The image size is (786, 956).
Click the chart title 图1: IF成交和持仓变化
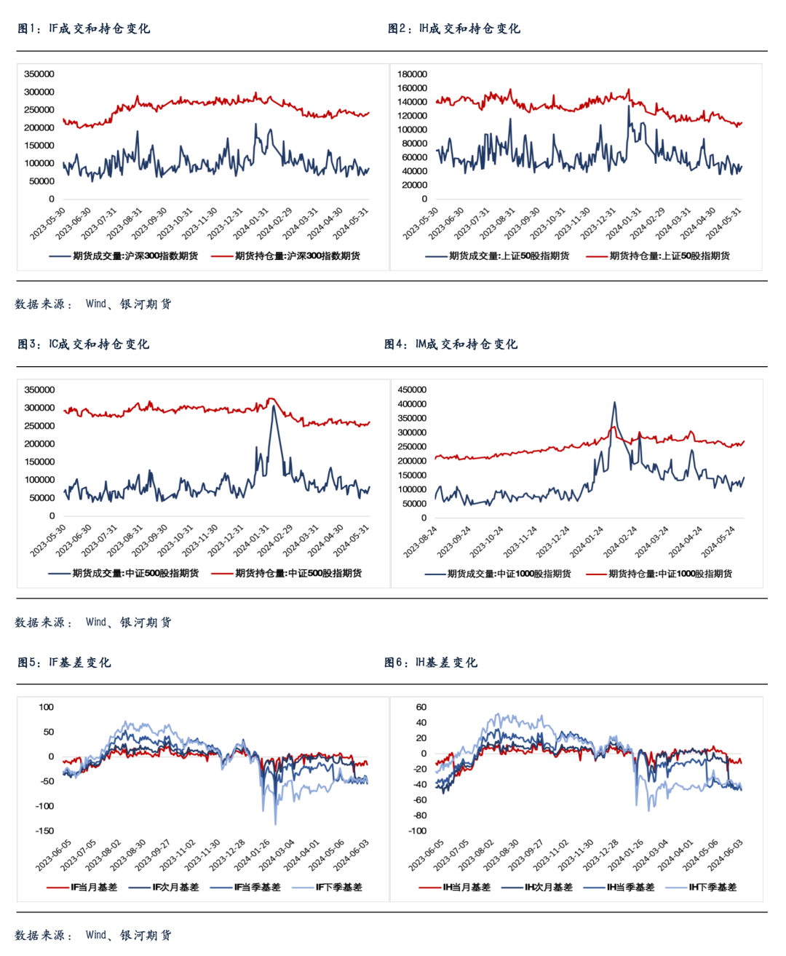click(x=84, y=28)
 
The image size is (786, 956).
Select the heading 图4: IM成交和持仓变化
click(x=451, y=344)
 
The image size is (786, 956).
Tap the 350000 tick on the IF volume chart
click(x=39, y=74)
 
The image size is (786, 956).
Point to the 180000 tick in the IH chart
click(x=412, y=74)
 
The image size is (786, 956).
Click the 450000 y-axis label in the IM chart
click(x=412, y=390)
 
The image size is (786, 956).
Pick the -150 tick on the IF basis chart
click(x=44, y=831)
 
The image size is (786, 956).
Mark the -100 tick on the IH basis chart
click(x=417, y=831)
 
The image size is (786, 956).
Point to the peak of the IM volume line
click(x=614, y=402)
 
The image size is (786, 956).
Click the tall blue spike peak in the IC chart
click(x=273, y=406)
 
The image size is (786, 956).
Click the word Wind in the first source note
click(x=96, y=304)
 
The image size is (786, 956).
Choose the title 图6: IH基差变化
click(x=431, y=662)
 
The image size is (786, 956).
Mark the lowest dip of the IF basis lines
click(x=275, y=823)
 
